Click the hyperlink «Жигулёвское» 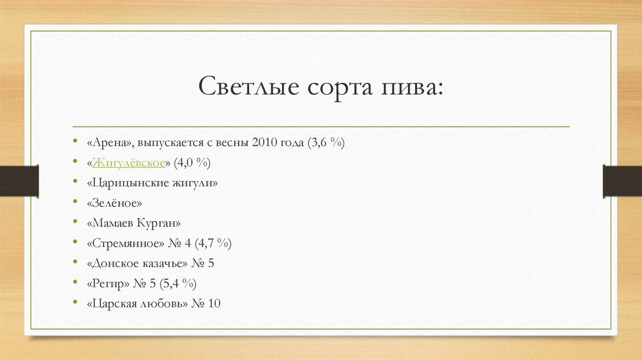point(129,163)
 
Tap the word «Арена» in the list point(108,143)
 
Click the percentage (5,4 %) point(181,283)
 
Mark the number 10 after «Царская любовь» point(214,304)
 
